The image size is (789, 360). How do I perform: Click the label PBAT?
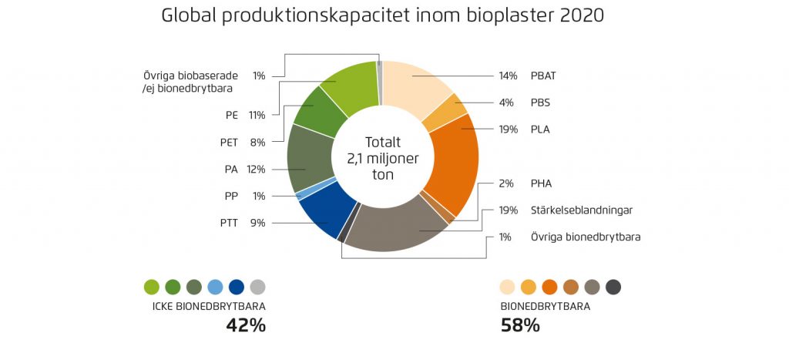click(542, 76)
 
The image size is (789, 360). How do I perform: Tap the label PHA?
click(541, 183)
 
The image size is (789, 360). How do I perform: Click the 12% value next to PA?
click(256, 169)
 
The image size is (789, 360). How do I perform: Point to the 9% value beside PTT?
click(257, 223)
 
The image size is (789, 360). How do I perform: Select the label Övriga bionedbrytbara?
click(585, 237)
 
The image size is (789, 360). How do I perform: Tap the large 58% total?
click(520, 325)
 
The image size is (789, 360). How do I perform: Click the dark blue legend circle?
click(237, 288)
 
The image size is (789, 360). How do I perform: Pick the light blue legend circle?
click(216, 288)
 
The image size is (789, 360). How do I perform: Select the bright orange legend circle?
click(550, 288)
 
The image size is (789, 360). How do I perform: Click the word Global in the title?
click(188, 15)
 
